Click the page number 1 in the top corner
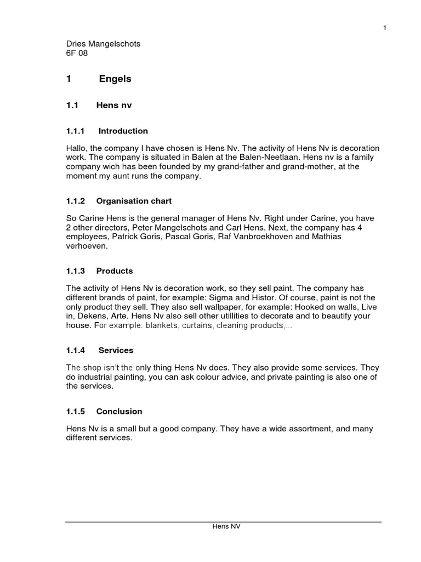click(385, 29)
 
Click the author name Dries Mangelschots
click(103, 44)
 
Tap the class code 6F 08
click(77, 53)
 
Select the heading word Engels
click(115, 79)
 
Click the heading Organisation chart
click(134, 201)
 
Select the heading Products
click(115, 271)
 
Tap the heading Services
click(116, 350)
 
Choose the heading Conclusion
click(119, 412)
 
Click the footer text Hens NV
click(226, 526)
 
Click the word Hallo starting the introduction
click(76, 149)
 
